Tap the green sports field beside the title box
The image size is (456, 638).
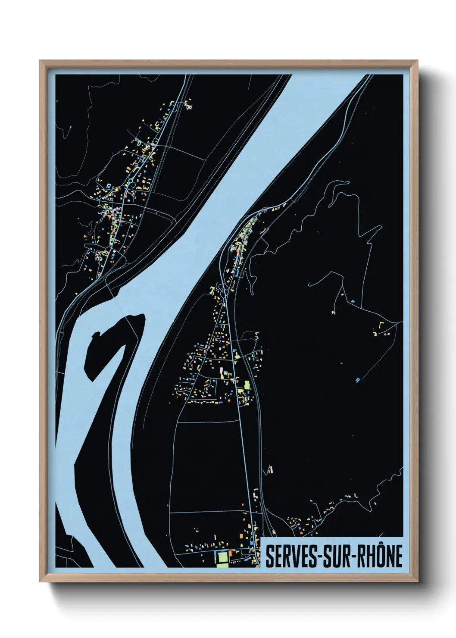click(222, 558)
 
